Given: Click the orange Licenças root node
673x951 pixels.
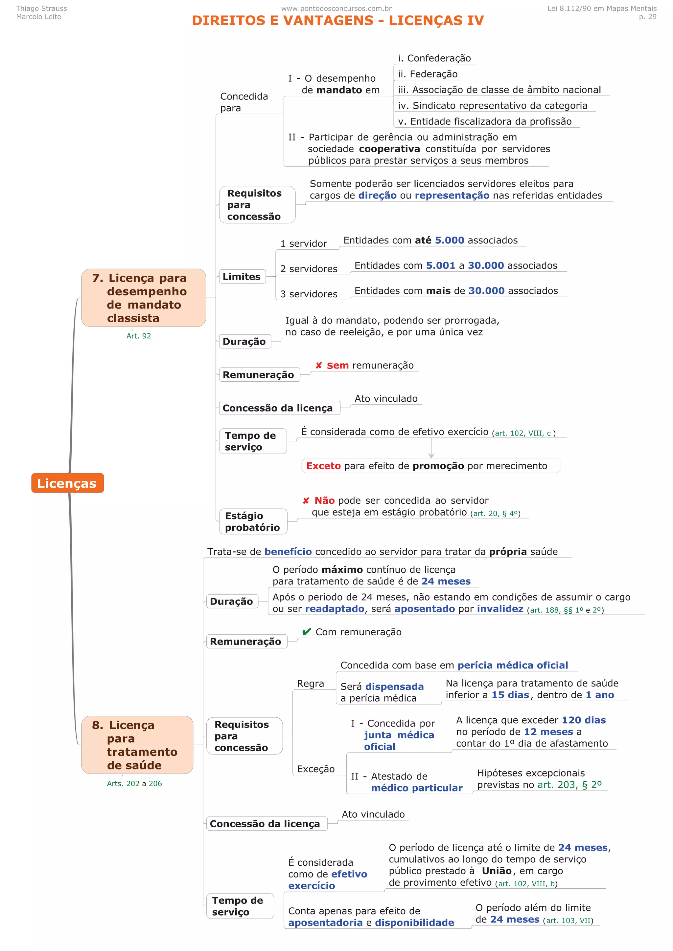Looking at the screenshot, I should pos(67,483).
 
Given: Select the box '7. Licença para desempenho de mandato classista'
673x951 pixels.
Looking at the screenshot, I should pos(144,298).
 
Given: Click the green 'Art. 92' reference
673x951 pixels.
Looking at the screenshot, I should pos(138,336).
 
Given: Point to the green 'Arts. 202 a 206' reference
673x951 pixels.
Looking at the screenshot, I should pos(134,783).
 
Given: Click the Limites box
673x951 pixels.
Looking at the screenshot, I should pos(242,277).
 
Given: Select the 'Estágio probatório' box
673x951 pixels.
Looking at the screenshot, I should pos(252,521).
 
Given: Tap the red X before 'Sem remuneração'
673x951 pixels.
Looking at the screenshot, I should pos(318,365).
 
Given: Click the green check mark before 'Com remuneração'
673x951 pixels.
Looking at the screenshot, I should pos(307,632).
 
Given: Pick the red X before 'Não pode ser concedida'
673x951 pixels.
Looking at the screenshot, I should pos(306,501).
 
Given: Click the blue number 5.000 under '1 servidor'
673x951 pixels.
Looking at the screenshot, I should pos(450,240).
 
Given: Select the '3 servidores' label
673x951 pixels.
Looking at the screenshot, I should pos(309,294).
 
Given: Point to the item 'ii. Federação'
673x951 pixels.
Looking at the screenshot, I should pos(428,74).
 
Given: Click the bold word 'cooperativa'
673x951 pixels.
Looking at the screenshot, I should pos(389,149).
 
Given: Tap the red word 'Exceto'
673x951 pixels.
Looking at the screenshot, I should pos(323,466).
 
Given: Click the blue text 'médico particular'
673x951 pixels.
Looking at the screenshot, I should pos(416,788).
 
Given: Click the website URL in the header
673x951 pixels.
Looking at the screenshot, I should pos(336,8).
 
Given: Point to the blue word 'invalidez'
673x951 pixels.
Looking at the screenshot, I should pos(500,608).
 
